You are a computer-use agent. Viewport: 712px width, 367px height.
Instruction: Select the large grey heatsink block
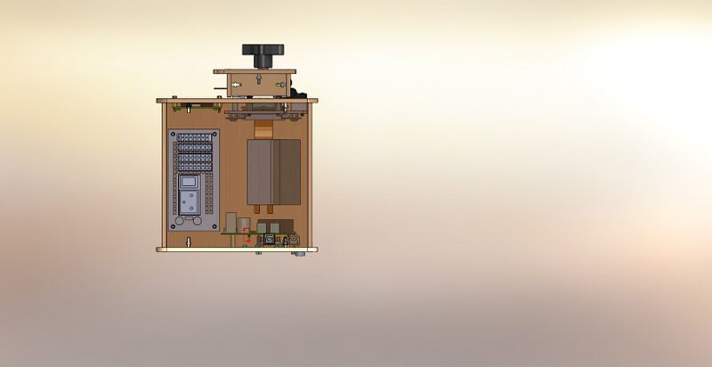tap(273, 172)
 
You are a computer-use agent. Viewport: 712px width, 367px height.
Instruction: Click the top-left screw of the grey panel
tap(174, 134)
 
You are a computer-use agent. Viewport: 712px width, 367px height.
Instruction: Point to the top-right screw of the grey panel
tap(215, 134)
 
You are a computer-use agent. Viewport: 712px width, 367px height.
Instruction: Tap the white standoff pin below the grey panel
tap(190, 241)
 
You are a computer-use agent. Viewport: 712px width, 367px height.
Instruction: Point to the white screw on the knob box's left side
tap(235, 85)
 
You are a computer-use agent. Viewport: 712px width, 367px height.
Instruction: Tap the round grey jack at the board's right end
tap(292, 240)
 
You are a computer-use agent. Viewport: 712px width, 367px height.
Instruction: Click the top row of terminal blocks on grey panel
tap(195, 138)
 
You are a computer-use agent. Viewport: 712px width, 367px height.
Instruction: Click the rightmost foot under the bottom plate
tap(298, 253)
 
